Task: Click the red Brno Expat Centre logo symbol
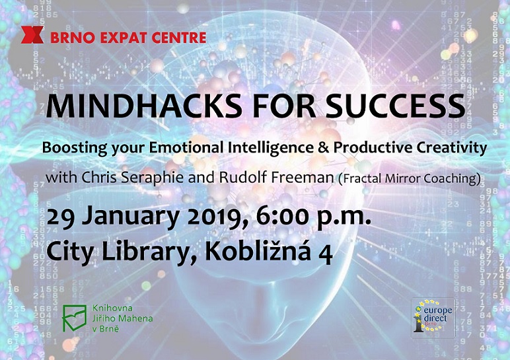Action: [x=32, y=35]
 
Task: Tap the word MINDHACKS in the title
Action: [x=144, y=106]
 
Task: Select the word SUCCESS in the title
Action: [x=395, y=106]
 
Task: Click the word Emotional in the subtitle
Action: [x=186, y=148]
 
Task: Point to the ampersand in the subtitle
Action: [x=323, y=148]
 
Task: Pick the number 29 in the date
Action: [x=62, y=217]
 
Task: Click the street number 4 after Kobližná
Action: [x=326, y=254]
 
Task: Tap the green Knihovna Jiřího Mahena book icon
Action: [x=75, y=318]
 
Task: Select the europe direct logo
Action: [x=433, y=318]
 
